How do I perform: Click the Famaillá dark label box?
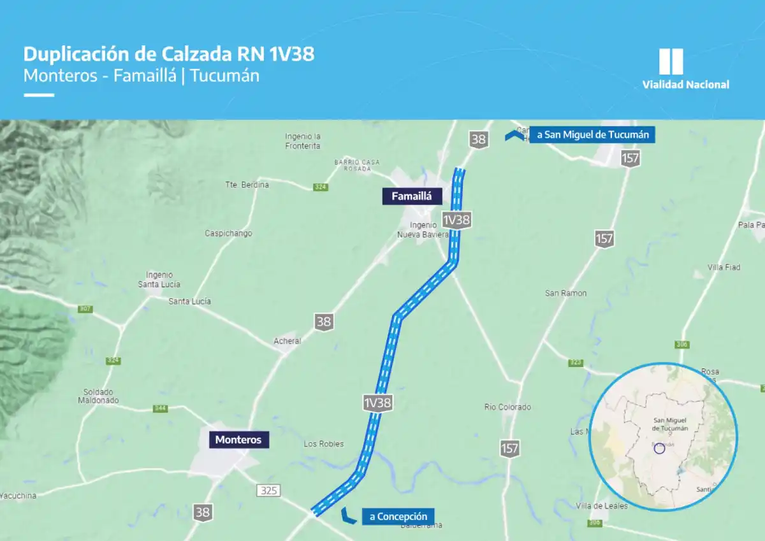pos(412,196)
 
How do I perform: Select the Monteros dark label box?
pos(238,440)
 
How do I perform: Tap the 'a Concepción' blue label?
pos(398,516)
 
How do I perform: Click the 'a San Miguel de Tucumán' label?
pos(592,135)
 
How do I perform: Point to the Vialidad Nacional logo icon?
pos(671,62)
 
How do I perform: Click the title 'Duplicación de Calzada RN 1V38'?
pos(169,54)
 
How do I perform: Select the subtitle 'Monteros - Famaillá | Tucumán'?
pos(142,75)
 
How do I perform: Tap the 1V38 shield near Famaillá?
pos(456,220)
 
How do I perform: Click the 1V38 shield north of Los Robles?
pos(377,403)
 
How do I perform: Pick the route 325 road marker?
pos(268,491)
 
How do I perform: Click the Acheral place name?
pos(287,342)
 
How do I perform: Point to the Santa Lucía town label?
pos(189,301)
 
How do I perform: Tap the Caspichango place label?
pos(228,233)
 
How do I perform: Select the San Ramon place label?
pos(565,293)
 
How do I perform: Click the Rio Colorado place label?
pos(507,407)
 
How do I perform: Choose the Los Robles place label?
pos(323,444)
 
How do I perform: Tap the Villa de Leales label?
pos(601,506)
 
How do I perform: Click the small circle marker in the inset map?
pos(660,449)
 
